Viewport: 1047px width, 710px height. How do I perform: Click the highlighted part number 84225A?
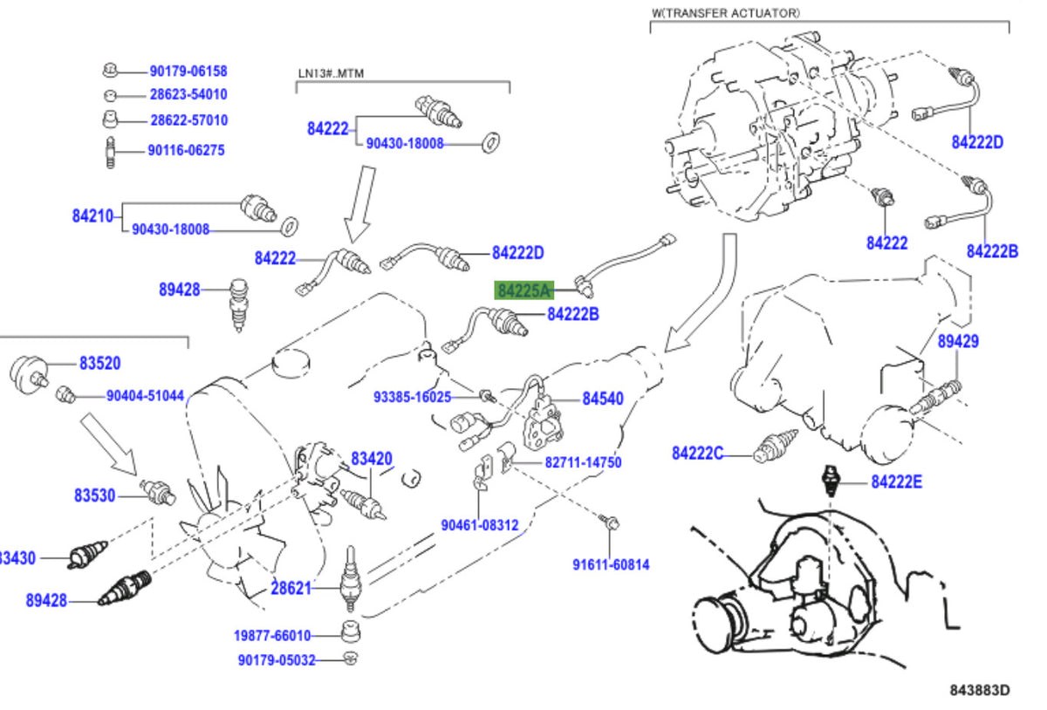coord(524,290)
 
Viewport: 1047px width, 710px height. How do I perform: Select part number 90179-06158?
coord(188,72)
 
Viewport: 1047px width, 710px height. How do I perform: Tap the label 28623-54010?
coord(188,94)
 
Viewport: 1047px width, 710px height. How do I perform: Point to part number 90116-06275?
coord(187,151)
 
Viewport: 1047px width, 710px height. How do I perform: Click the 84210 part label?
coord(92,216)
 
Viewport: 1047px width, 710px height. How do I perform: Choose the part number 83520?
coord(100,363)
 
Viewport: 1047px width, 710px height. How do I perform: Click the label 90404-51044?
coord(146,396)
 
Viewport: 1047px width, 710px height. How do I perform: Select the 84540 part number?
coord(603,399)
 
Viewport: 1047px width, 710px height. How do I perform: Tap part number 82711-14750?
coord(584,463)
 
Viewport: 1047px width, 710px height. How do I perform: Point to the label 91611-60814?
coord(611,565)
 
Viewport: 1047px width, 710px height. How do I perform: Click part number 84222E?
coord(897,481)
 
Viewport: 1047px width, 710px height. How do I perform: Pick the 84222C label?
coord(697,454)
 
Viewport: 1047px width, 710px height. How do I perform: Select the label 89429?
coord(958,342)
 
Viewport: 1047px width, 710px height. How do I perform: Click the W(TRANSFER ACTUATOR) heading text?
coord(726,13)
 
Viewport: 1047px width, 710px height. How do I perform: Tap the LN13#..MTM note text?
coord(331,73)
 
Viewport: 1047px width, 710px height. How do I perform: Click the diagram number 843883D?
coord(980,690)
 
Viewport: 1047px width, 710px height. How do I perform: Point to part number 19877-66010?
coord(272,636)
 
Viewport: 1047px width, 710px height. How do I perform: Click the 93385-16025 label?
coord(412,398)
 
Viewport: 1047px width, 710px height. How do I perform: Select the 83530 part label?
coord(94,495)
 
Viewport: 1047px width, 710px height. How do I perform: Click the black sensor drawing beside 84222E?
coord(831,481)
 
